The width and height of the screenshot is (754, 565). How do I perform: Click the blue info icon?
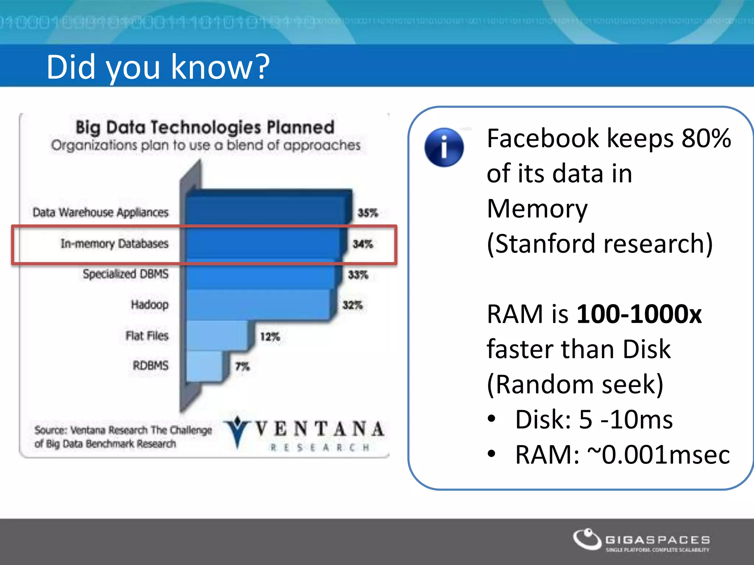(x=444, y=148)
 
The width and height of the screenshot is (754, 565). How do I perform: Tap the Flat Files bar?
(x=217, y=335)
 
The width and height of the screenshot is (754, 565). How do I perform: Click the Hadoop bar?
(x=258, y=305)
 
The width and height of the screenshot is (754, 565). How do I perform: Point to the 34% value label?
(x=363, y=244)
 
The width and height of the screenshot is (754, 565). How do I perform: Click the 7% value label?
(x=242, y=366)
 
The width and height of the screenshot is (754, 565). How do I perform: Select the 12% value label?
(x=270, y=337)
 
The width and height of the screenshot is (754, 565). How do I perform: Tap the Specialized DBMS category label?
(x=126, y=274)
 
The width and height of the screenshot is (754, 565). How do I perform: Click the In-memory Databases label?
(x=114, y=244)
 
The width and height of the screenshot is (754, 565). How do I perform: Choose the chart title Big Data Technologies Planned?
(x=205, y=127)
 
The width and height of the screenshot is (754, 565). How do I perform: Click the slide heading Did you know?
(x=158, y=67)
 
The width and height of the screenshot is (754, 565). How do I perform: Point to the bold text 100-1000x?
(x=639, y=314)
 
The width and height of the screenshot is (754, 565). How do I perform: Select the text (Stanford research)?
(x=599, y=244)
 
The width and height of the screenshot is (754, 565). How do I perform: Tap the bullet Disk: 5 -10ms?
(x=593, y=419)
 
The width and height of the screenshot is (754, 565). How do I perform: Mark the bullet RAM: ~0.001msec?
(x=622, y=455)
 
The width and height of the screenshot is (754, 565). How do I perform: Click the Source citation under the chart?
(x=123, y=437)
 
